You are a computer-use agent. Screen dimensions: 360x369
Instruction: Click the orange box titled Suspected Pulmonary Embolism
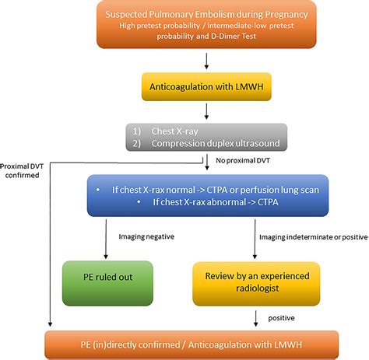[207, 25]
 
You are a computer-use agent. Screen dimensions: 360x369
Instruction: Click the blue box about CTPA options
[207, 196]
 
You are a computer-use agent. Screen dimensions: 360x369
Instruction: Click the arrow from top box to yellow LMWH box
[207, 61]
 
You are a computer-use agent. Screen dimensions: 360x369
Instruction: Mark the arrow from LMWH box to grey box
[207, 112]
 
